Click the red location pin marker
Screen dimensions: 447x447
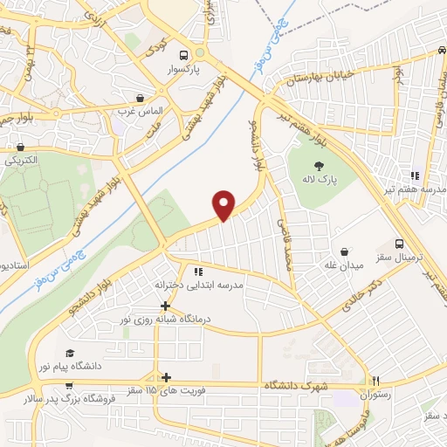[x=225, y=204]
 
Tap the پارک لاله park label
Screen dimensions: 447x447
[x=320, y=180]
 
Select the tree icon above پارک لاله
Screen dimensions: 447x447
[x=320, y=164]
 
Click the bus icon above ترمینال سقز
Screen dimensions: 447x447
[x=399, y=244]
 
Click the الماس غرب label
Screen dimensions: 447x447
[x=141, y=112]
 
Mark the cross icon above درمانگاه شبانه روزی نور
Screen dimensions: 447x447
[x=166, y=306]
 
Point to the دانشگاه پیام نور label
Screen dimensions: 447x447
[x=70, y=367]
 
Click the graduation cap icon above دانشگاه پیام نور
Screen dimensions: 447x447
[x=70, y=353]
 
